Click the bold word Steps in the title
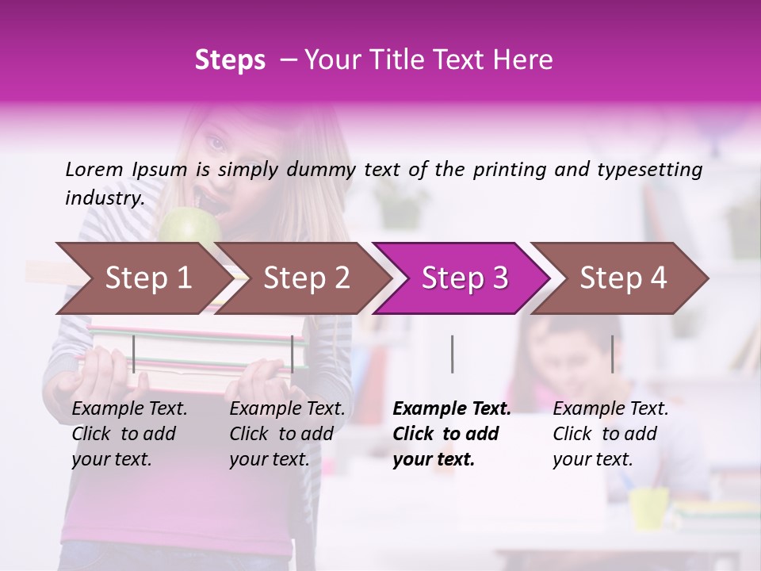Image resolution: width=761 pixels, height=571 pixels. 230,60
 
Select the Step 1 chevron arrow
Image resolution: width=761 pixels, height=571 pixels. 143,278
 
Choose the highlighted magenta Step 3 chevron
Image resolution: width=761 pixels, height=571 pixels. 464,278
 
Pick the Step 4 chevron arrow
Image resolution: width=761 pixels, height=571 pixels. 622,278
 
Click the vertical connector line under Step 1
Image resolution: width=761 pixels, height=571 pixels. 134,354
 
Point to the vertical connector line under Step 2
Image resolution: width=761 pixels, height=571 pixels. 293,354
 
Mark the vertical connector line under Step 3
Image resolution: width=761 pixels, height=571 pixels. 452,354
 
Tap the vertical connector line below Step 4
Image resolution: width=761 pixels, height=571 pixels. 612,354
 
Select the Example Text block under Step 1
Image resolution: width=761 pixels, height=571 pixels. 129,434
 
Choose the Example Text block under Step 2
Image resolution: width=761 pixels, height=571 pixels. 287,434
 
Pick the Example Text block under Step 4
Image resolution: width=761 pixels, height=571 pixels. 610,434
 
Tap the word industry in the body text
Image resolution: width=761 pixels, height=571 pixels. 104,198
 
